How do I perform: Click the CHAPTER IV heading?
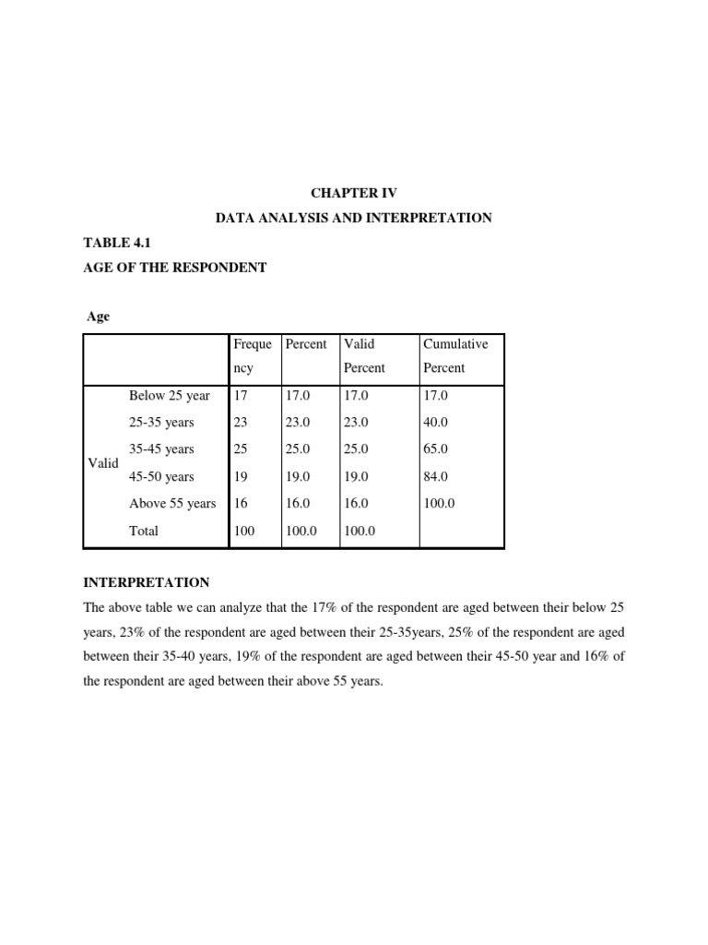point(354,194)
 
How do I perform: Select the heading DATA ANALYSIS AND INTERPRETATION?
point(354,219)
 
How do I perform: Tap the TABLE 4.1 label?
point(116,243)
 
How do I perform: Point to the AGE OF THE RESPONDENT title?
point(175,268)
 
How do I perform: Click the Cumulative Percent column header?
point(455,355)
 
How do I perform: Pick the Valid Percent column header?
point(364,355)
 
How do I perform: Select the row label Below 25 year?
point(170,396)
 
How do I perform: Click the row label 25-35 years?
point(161,423)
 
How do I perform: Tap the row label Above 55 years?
point(172,504)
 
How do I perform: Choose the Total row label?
point(144,531)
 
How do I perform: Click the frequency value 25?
point(242,449)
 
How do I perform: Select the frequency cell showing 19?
point(242,477)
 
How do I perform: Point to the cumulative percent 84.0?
point(436,477)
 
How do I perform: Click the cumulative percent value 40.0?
point(436,423)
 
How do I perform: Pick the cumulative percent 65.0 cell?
point(436,449)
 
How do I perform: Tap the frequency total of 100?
point(244,531)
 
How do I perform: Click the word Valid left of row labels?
point(103,463)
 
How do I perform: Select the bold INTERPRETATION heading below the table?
point(147,583)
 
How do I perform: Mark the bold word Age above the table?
point(98,317)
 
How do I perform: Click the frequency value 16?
point(242,504)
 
